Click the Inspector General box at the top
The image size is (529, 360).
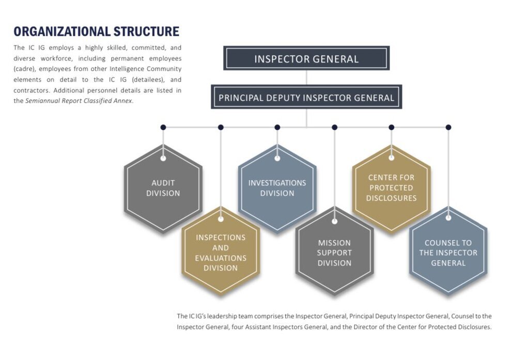click(306, 58)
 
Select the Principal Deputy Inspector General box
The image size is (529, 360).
click(306, 97)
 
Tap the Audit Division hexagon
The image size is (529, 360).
click(163, 188)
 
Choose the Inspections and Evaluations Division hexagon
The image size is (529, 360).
click(221, 253)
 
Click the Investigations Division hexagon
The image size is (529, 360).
click(277, 188)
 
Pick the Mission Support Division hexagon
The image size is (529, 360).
click(334, 253)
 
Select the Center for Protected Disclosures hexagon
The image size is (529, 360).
click(391, 187)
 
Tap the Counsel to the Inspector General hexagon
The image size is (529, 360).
click(448, 253)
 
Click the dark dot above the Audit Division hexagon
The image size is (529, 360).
click(163, 127)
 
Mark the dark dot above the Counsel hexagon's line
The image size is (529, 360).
click(448, 127)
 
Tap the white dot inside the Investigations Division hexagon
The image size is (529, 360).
click(277, 158)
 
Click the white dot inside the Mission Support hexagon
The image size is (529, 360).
click(334, 222)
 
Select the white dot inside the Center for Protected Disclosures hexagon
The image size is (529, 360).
click(391, 158)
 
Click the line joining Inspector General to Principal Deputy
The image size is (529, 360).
click(306, 77)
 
